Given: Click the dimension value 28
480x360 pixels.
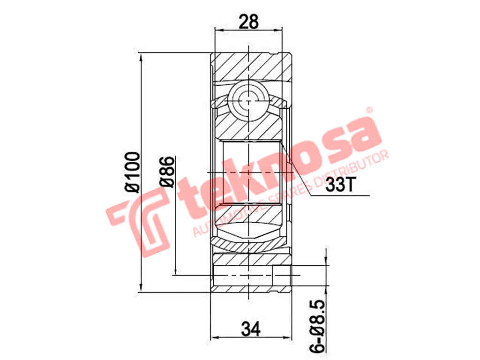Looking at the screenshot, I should pyautogui.click(x=248, y=21).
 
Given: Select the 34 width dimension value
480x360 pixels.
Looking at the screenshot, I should pyautogui.click(x=251, y=329).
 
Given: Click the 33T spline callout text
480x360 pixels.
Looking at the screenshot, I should pyautogui.click(x=339, y=185).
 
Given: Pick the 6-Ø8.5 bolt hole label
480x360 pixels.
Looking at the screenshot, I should pyautogui.click(x=318, y=326).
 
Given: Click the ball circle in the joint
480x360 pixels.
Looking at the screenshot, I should pyautogui.click(x=247, y=100).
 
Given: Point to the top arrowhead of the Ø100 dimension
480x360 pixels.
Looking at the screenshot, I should pyautogui.click(x=141, y=55).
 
